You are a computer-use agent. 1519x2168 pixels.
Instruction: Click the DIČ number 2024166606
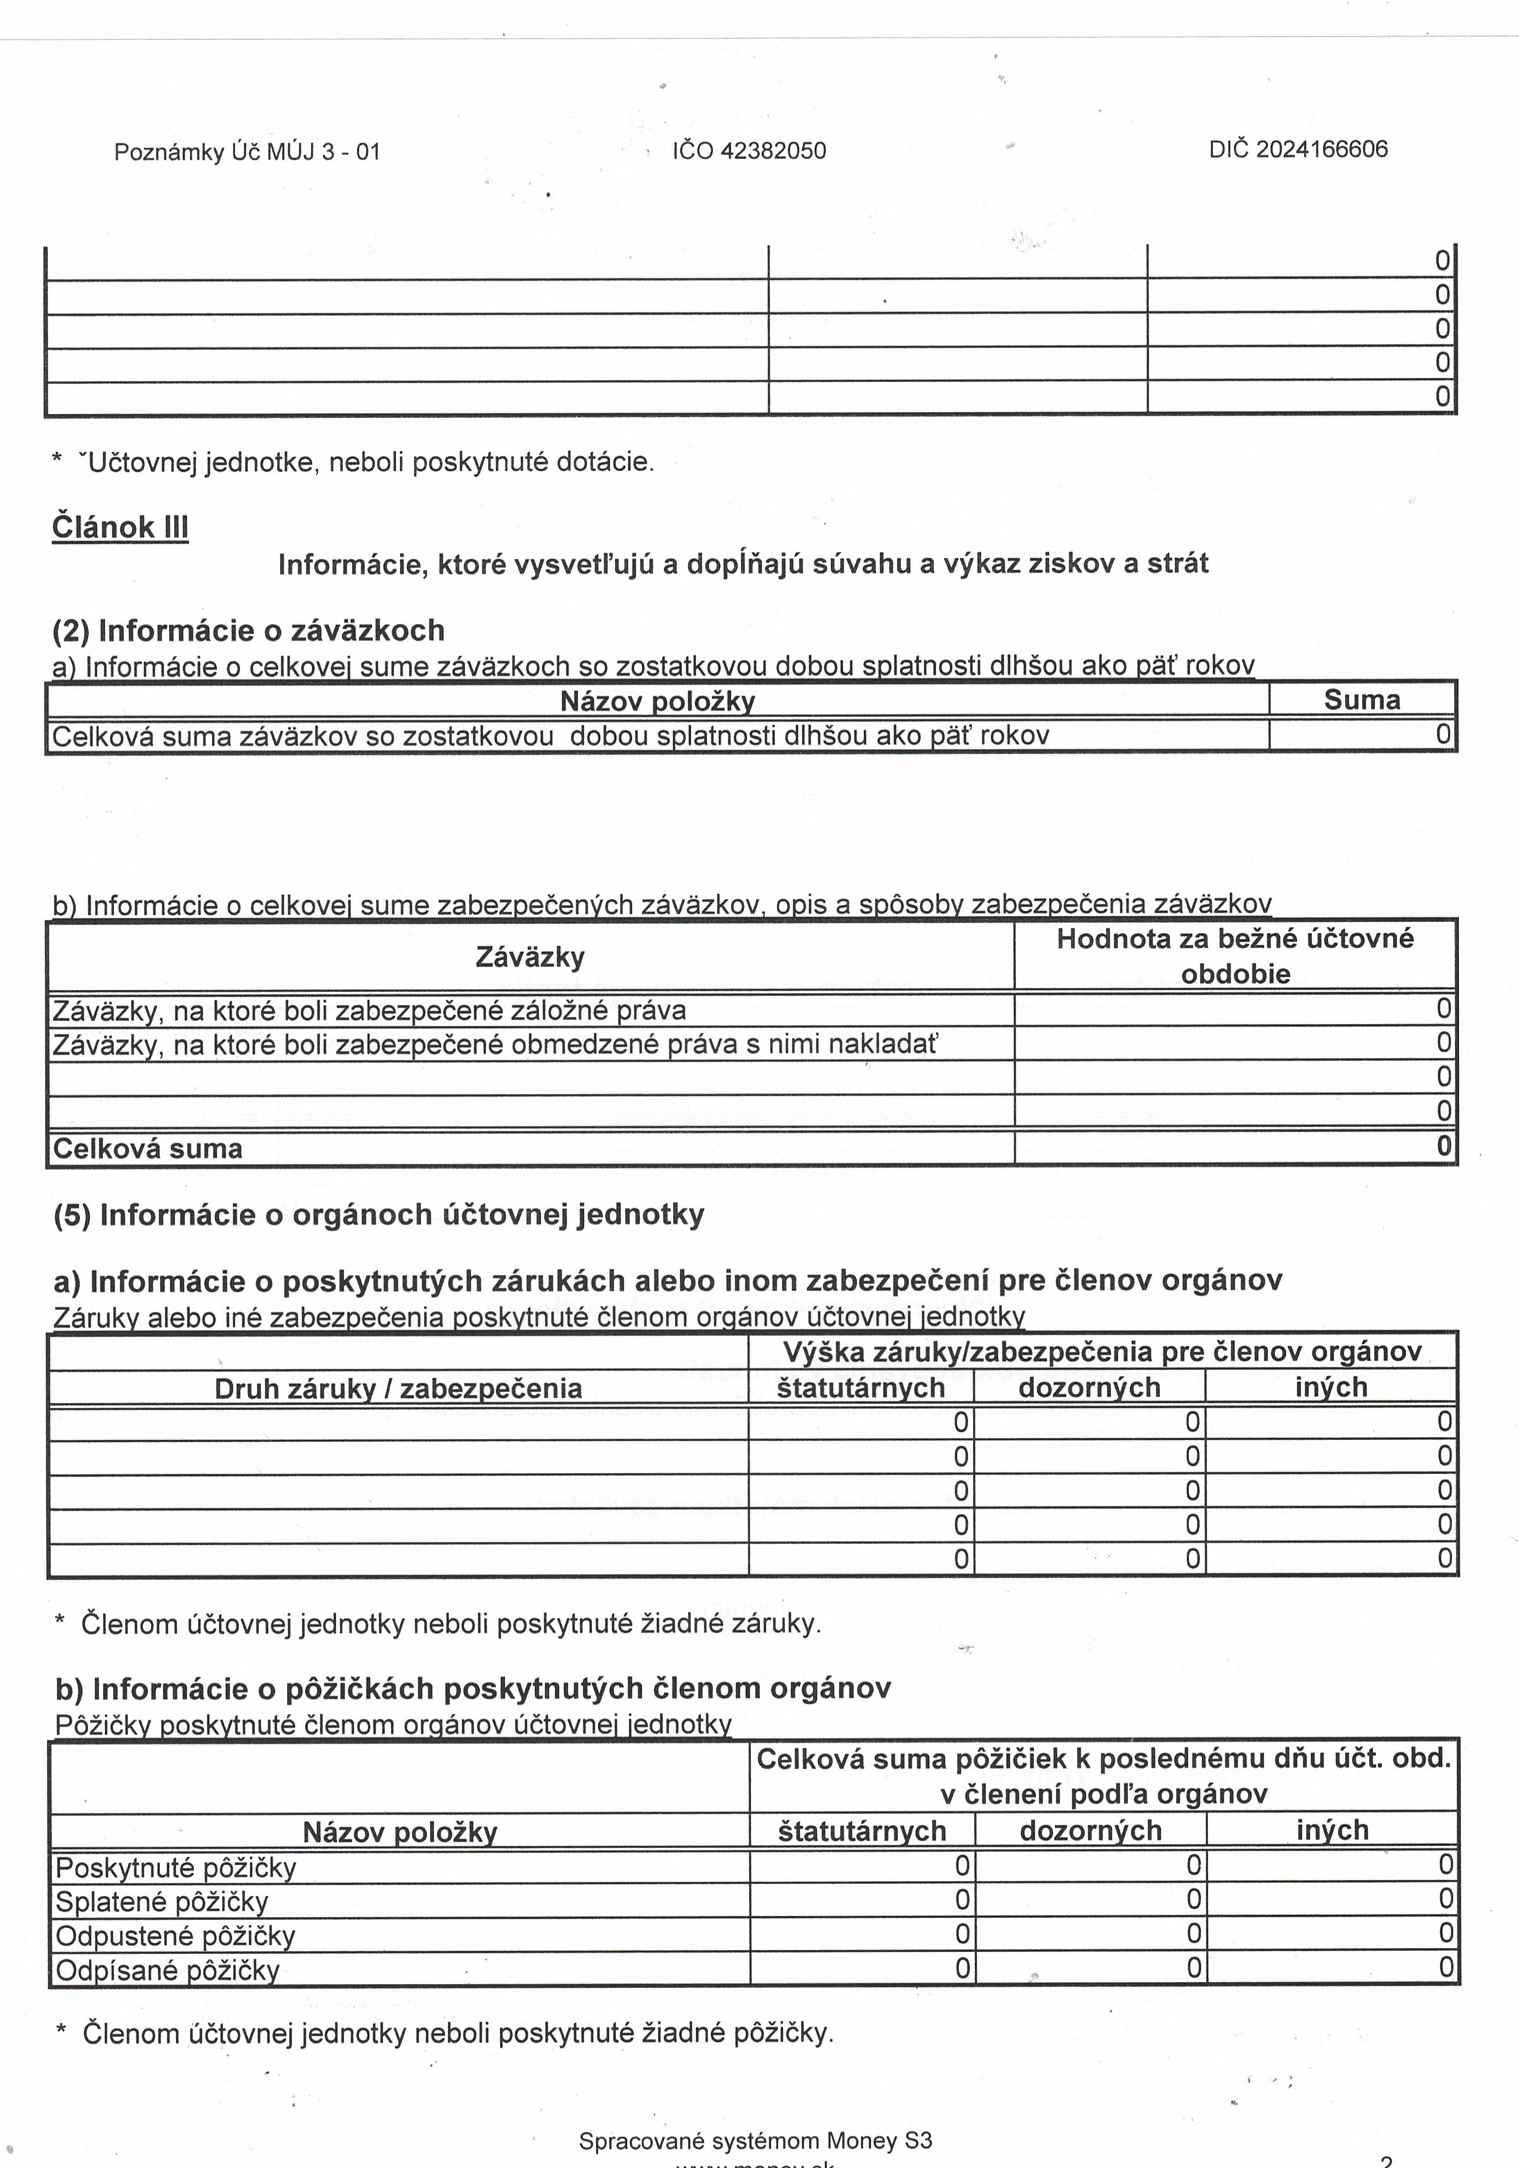(x=1322, y=149)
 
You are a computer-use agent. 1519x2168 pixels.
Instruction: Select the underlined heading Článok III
(x=120, y=526)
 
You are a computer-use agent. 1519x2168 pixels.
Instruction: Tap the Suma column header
(x=1361, y=700)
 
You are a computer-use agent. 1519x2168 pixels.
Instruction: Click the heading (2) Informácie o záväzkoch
(x=248, y=630)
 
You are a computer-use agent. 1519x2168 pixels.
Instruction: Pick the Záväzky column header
(x=530, y=956)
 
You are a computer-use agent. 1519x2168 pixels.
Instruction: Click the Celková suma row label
(x=148, y=1148)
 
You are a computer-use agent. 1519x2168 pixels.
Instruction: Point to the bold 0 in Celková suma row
(x=1443, y=1146)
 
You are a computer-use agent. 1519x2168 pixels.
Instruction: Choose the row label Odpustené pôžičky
(x=175, y=1936)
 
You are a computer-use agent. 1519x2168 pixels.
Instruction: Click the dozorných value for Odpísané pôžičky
(x=1193, y=1968)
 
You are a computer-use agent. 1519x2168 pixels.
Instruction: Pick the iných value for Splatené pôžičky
(x=1445, y=1899)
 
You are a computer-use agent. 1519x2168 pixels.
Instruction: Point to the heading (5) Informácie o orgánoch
(x=378, y=1214)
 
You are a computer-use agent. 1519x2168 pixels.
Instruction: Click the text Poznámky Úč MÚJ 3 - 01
(x=247, y=152)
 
